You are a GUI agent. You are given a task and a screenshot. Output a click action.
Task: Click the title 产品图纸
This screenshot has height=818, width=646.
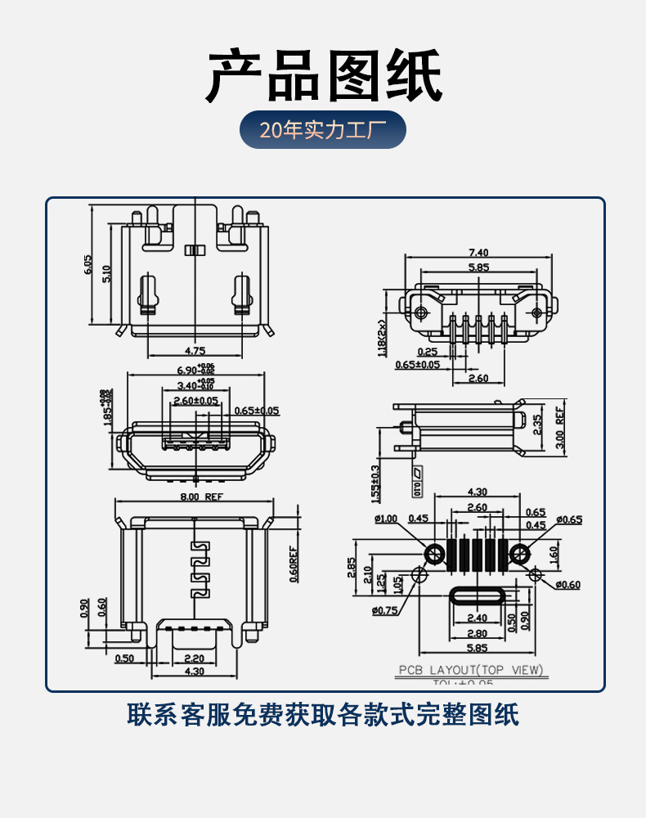pos(323,75)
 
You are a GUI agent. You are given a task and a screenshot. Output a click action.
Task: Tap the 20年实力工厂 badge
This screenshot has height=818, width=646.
pos(322,130)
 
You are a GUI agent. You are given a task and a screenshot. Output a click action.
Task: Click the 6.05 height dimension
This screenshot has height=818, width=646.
pos(87,263)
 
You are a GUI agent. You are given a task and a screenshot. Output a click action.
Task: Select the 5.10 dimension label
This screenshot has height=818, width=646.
pos(106,273)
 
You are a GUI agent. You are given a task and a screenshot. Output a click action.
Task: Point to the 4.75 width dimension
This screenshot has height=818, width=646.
pos(195,350)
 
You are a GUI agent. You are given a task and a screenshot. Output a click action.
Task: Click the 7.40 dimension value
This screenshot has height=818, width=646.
pos(478,252)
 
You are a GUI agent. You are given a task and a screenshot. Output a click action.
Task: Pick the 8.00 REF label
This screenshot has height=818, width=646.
pos(201,497)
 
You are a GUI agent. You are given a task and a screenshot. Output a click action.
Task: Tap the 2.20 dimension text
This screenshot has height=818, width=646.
pos(195,658)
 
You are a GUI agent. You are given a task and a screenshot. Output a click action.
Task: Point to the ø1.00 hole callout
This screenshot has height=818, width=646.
pos(386,519)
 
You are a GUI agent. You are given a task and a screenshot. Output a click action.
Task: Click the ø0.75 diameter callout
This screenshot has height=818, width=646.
pos(384,610)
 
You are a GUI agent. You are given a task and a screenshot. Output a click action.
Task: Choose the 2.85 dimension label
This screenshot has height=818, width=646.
pos(352,568)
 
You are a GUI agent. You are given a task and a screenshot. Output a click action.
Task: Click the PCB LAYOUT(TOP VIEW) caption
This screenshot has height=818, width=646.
pos(471,670)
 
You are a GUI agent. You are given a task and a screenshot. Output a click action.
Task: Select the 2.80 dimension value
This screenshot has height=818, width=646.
pos(477,633)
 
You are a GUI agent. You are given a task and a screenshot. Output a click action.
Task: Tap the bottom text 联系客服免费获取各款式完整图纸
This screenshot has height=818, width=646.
pos(323,714)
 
